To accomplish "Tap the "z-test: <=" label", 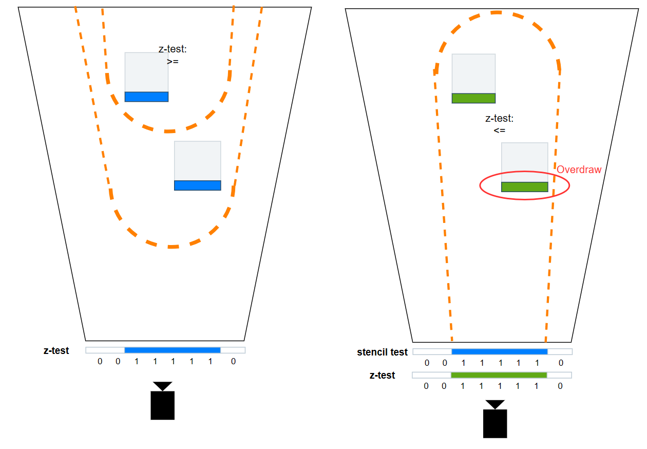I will click(499, 124).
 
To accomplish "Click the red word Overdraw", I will click(579, 170).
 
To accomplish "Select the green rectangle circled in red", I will click(524, 187).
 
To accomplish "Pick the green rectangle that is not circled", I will click(473, 98).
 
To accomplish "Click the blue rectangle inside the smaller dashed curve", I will click(146, 97).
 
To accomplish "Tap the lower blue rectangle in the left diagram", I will click(197, 185).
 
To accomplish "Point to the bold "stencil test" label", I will click(382, 352).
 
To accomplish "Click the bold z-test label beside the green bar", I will click(382, 376).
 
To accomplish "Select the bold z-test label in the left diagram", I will click(56, 350).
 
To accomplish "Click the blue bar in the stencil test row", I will click(499, 352).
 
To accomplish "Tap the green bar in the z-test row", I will click(499, 375).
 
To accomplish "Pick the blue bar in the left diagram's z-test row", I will click(172, 350).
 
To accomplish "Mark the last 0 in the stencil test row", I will click(561, 363).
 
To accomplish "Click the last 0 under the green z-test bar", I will click(560, 386).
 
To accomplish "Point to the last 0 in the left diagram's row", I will click(233, 361).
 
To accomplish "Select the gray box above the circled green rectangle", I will click(524, 162).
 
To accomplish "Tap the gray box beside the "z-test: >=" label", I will click(146, 72).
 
